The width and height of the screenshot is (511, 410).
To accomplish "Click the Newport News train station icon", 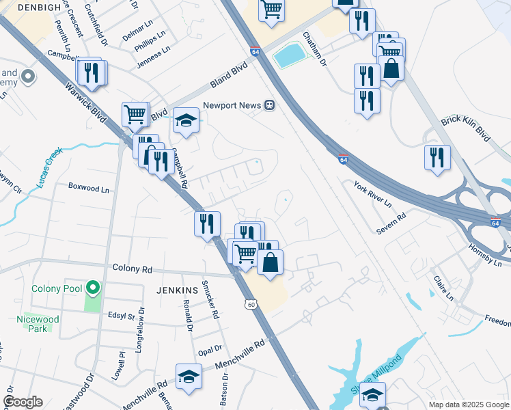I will coord(270,106).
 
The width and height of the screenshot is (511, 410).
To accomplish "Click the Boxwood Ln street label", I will coord(88,187).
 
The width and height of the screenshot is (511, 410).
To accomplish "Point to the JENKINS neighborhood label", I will coord(176,290).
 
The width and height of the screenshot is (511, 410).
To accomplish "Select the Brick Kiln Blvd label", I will coord(466,127).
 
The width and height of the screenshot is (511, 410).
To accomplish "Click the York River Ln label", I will coord(372,194).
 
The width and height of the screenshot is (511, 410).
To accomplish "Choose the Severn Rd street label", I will coord(391,223).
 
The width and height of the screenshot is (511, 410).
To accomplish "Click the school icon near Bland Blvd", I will coord(184,121).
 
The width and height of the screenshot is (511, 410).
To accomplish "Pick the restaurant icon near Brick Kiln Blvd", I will coord(435,156).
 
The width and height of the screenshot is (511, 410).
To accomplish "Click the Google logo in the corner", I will coord(23,402).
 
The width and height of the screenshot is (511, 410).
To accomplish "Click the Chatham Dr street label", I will coord(312,49).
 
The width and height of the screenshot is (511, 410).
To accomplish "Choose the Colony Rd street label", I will coord(132,269).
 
